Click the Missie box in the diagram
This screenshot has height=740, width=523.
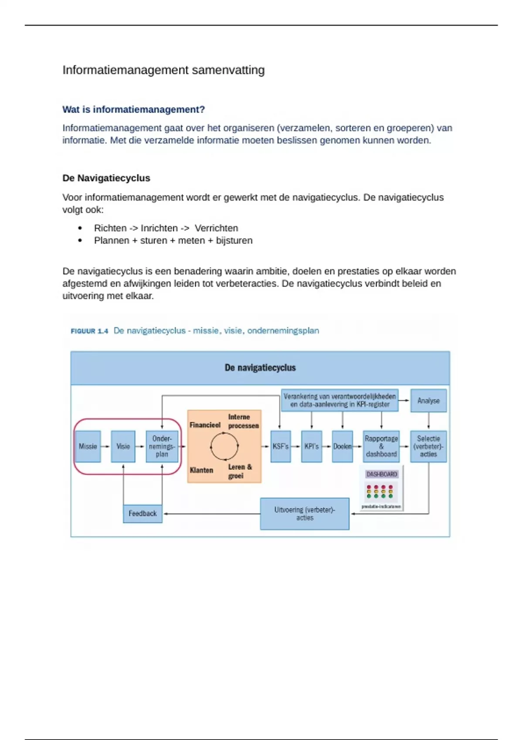tap(88, 446)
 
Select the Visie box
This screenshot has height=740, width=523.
tap(123, 446)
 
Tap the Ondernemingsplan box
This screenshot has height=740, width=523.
tap(162, 446)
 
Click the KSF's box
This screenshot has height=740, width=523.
tap(280, 446)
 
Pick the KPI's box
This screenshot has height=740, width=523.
tap(312, 446)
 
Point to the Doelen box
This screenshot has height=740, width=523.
tap(342, 446)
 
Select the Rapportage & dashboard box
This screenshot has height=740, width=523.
tap(381, 446)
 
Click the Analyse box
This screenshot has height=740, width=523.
tap(428, 400)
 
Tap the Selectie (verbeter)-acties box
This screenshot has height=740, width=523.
tap(428, 446)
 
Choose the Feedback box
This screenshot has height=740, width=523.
tap(143, 514)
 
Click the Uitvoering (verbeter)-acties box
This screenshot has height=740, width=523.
tap(305, 514)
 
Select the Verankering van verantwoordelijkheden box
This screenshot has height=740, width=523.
tap(340, 400)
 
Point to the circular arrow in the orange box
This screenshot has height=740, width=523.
tap(224, 446)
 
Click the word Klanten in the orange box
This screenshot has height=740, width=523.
tap(201, 470)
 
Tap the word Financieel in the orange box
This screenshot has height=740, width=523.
tap(205, 425)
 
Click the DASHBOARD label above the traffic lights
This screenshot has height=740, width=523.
tap(381, 474)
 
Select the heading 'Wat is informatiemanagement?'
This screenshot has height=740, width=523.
tap(133, 109)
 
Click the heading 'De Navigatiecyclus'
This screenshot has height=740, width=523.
tap(106, 178)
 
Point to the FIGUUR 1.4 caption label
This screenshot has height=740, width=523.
tap(89, 331)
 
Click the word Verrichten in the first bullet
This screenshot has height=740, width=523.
tap(216, 228)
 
